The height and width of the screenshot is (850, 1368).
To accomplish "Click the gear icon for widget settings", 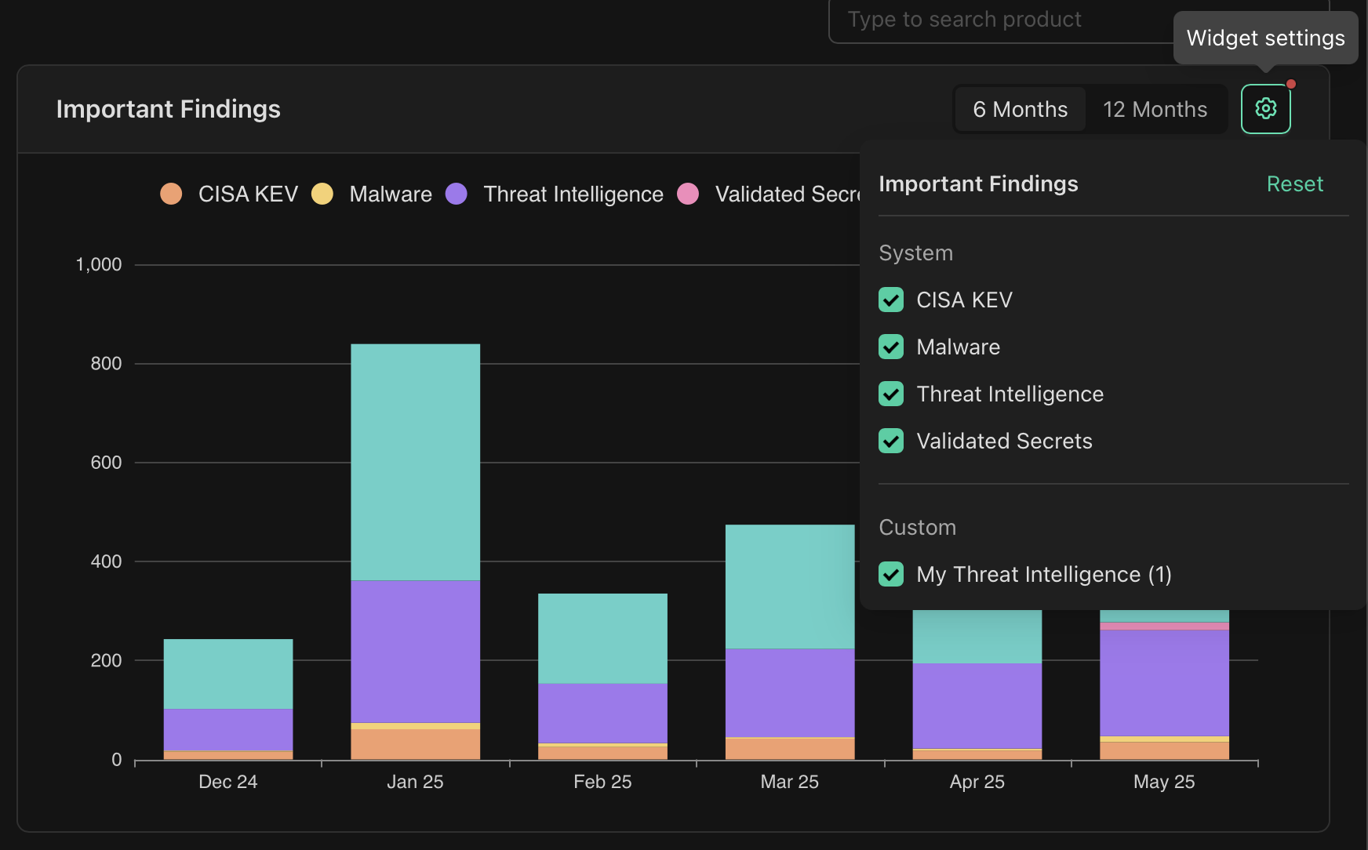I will tap(1265, 109).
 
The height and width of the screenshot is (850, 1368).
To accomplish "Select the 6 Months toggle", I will tap(1020, 109).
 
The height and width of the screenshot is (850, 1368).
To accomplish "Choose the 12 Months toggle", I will tap(1155, 109).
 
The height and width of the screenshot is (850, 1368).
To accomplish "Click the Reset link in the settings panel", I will tap(1294, 183).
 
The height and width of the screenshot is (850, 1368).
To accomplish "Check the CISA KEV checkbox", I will tap(891, 300).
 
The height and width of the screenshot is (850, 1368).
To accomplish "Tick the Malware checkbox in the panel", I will tap(891, 347).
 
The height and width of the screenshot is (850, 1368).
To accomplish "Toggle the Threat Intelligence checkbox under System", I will tap(891, 394).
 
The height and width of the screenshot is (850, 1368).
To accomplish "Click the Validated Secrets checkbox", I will tap(891, 441).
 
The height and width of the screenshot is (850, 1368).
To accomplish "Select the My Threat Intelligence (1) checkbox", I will tap(891, 574).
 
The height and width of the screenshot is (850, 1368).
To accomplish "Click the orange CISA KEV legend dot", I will tap(171, 194).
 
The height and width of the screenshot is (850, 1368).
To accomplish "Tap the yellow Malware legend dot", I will tap(322, 194).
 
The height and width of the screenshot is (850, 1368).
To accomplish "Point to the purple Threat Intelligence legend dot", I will tap(457, 194).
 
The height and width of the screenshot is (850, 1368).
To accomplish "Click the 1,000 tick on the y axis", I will tap(99, 265).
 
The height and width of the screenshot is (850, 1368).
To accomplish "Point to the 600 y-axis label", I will tap(106, 463).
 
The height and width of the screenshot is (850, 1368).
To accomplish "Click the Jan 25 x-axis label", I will tap(415, 782).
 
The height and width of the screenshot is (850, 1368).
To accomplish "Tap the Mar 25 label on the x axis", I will tap(789, 782).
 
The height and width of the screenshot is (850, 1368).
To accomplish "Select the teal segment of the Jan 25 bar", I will tap(415, 462).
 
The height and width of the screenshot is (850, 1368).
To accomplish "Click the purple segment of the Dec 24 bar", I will tap(227, 729).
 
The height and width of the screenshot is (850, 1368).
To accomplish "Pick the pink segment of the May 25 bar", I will tap(1164, 626).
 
